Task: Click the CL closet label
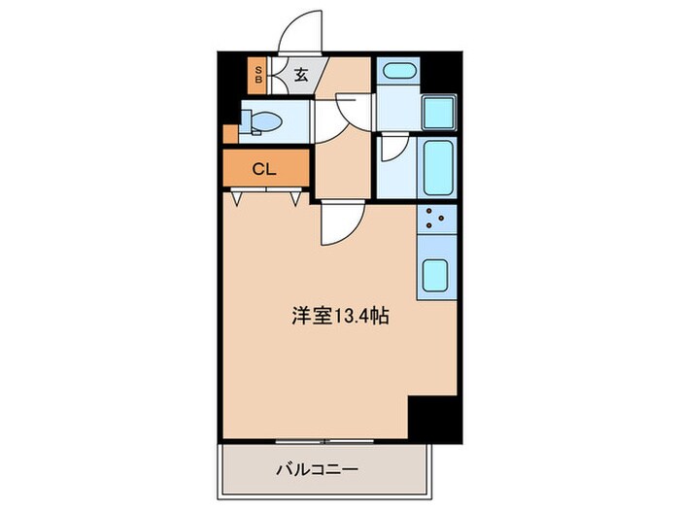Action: click(x=264, y=169)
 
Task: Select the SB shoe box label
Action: click(x=258, y=76)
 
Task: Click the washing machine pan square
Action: click(x=440, y=115)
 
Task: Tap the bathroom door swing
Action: click(x=392, y=149)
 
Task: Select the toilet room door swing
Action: click(x=349, y=110)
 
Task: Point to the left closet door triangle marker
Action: click(x=237, y=199)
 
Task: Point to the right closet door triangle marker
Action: click(x=296, y=199)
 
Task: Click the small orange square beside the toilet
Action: click(x=229, y=133)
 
